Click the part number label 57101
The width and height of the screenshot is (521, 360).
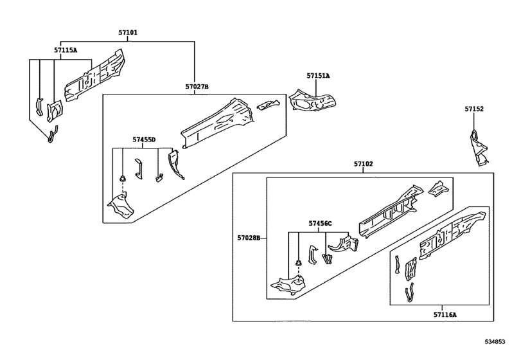(x=128, y=33)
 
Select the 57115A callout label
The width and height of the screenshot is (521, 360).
(x=66, y=50)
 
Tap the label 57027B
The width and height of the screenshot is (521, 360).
(x=197, y=86)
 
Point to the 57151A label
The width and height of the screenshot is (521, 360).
(x=318, y=76)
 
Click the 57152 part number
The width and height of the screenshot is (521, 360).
(x=474, y=109)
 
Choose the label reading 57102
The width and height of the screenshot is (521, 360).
(x=363, y=163)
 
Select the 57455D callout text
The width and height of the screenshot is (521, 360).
(x=144, y=139)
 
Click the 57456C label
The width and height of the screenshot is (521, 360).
(x=320, y=223)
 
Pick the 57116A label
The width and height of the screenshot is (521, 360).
(x=445, y=314)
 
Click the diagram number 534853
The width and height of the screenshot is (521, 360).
(x=495, y=341)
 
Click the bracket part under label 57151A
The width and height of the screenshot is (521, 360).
(x=312, y=100)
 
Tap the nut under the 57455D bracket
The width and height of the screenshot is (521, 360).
(x=123, y=179)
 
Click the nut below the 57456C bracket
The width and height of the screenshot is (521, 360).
(x=299, y=264)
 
